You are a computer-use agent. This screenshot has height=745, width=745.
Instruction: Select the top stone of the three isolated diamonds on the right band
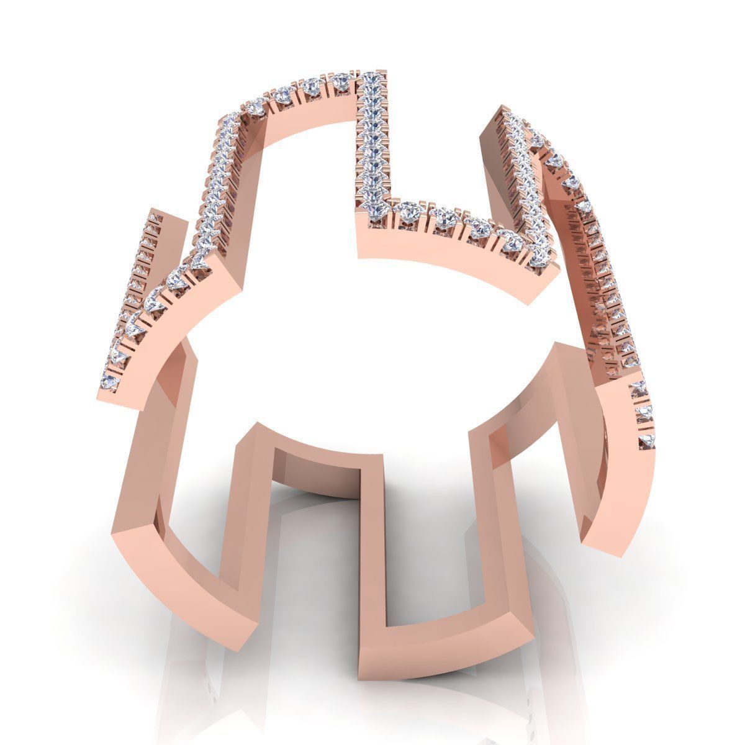639,389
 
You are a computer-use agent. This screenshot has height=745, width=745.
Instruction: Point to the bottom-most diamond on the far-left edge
113,379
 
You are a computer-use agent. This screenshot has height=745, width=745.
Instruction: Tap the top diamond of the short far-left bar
153,219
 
